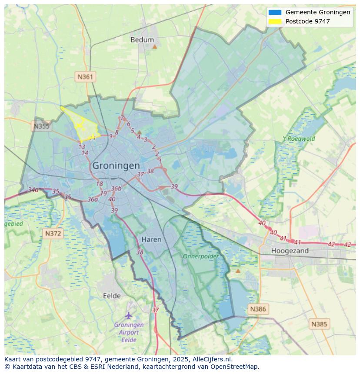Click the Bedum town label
coord(142,40)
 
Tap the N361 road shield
coord(85,77)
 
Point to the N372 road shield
coord(53,234)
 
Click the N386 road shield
coord(257,309)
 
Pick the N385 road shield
coord(320,324)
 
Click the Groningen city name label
coord(116,165)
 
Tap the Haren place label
coord(151,239)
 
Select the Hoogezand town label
coord(290,251)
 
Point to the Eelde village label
coord(112,296)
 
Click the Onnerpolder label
coord(200,256)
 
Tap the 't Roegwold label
coord(299,139)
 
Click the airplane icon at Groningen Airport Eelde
coord(128,315)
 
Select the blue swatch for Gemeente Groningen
coord(275,12)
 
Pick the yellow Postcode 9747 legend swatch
coord(275,21)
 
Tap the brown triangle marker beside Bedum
coord(154,46)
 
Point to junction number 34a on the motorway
coord(33,190)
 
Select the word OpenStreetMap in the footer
coord(237,367)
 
